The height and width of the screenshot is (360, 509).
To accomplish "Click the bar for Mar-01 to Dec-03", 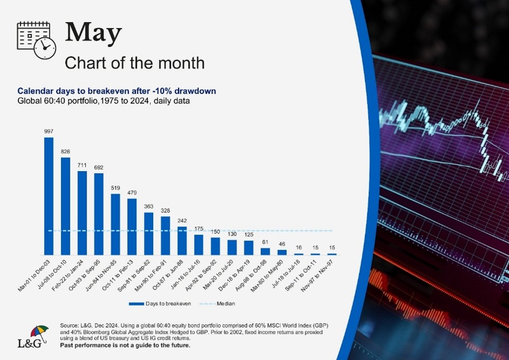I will tap(49, 196).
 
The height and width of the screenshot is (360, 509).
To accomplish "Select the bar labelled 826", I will tap(66, 206).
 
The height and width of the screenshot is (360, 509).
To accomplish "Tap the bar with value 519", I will tap(115, 224).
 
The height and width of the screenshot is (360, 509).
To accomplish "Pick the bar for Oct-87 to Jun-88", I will tap(182, 240).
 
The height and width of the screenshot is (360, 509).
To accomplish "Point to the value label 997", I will tap(49, 132).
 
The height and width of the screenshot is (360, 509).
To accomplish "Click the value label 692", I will tap(99, 167).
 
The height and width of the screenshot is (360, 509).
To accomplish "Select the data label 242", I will tap(182, 221).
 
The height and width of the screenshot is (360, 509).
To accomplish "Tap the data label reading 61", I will tap(265, 243).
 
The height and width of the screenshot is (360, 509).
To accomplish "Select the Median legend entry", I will tap(221, 304).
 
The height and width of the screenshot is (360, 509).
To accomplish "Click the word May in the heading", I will tap(93, 33).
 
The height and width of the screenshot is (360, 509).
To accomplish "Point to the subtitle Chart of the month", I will tap(134, 63).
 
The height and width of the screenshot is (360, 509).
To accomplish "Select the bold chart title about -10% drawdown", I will tap(116, 91).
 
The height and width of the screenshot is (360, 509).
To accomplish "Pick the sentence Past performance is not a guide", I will tap(125, 345).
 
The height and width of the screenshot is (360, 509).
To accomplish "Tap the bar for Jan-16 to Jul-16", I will tap(199, 244).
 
